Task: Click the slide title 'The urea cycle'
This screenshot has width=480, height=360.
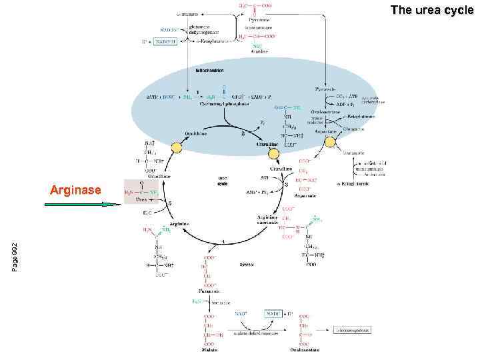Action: pyautogui.click(x=431, y=10)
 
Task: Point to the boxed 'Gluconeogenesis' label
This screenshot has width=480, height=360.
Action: pyautogui.click(x=352, y=329)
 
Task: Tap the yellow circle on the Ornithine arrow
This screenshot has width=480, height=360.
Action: pyautogui.click(x=176, y=147)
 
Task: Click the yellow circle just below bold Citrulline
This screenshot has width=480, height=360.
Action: pyautogui.click(x=274, y=153)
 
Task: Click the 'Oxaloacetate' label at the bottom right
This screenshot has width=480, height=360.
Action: pyautogui.click(x=305, y=349)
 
